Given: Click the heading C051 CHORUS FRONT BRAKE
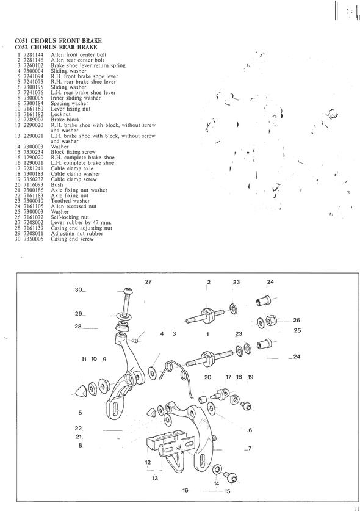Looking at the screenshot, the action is coord(59,41).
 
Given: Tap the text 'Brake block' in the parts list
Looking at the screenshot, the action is coord(65,120).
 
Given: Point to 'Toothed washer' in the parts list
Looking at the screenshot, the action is coord(70,201).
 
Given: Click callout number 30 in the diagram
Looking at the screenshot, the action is coord(79,289).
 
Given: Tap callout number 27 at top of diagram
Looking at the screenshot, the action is coord(148,282).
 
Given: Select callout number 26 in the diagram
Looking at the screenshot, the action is coord(296,321).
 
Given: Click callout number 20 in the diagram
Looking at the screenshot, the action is coord(207,377).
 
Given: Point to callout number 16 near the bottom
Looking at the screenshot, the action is coord(185,490).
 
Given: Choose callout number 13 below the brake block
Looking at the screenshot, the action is coord(155,478).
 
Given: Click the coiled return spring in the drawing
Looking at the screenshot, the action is coord(175,374).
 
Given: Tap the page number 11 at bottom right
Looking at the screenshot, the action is coord(356,508).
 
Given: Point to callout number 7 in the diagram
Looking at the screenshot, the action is coord(250,449).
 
